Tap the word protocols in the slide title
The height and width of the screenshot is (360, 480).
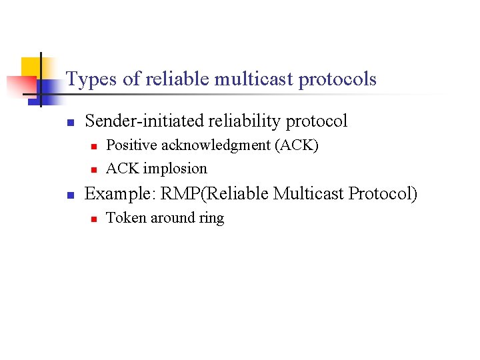[337, 79]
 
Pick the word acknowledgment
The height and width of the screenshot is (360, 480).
[215, 145]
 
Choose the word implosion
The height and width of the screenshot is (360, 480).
[176, 168]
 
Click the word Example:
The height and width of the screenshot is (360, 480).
[121, 193]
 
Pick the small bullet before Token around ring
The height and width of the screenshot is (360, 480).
[94, 219]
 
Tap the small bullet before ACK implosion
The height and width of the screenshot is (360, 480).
[94, 169]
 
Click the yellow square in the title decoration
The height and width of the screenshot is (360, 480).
[29, 67]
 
